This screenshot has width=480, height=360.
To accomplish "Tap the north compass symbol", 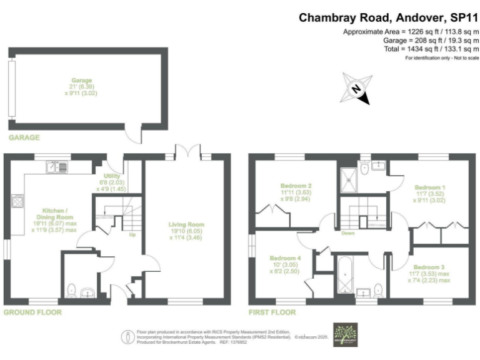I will [354, 89].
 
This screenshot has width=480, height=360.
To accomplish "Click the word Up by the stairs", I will [132, 236].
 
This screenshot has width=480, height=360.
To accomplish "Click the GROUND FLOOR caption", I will [32, 311].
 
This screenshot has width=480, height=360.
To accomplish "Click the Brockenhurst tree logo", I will [344, 334].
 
